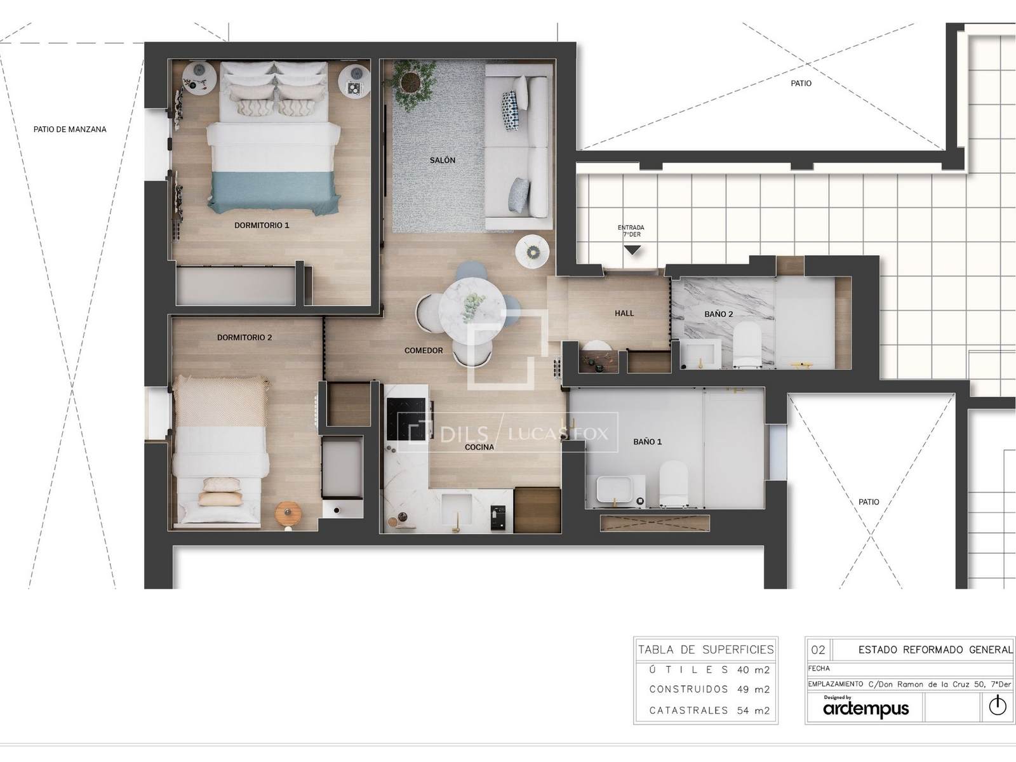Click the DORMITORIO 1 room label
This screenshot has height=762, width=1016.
click(262, 225)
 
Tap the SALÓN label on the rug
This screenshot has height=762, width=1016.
click(443, 160)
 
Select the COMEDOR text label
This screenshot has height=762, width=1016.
click(424, 351)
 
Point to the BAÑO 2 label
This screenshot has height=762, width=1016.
click(718, 314)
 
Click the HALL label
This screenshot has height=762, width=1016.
click(624, 313)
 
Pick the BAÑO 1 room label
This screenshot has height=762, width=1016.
click(647, 442)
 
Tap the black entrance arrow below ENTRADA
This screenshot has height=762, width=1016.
click(632, 250)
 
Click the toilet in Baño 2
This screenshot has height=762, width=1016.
click(747, 345)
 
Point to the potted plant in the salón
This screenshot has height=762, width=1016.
click(411, 83)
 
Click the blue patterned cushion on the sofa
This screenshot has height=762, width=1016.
click(510, 110)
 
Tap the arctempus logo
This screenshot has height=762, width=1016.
click(866, 709)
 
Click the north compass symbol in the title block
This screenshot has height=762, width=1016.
click(997, 706)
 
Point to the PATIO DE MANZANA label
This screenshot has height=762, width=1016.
click(70, 130)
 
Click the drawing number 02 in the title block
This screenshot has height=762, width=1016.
click(818, 650)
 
